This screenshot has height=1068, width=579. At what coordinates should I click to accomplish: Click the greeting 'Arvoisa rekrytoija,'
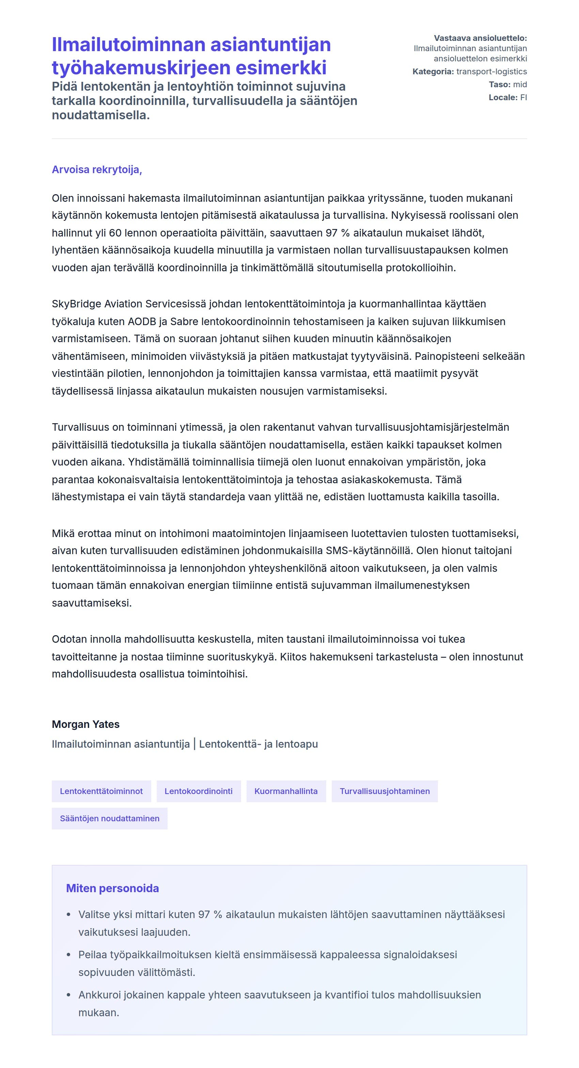(97, 170)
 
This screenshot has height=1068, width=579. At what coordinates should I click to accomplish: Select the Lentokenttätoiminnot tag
(101, 791)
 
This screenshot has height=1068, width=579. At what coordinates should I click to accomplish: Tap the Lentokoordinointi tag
(199, 791)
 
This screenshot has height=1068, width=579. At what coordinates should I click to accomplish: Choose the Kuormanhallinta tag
(286, 791)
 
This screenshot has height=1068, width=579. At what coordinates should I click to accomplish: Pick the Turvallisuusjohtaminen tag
(385, 791)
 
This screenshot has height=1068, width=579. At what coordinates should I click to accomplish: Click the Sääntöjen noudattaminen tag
(109, 819)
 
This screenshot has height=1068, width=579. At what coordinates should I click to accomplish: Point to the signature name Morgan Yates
(85, 724)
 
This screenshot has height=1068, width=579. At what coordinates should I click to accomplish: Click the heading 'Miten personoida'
(112, 888)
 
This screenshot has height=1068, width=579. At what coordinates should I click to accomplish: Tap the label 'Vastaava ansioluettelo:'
(480, 38)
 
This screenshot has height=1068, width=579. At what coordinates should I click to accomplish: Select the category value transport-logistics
(491, 71)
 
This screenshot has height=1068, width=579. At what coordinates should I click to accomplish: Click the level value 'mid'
(520, 85)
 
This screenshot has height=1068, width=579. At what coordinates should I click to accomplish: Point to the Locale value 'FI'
(523, 97)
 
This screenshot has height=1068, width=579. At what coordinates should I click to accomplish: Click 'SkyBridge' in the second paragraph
(76, 304)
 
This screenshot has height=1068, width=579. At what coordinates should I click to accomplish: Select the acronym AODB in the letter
(142, 321)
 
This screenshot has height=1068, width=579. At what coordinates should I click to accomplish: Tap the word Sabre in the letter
(185, 321)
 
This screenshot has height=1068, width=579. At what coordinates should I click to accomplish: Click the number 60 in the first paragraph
(115, 233)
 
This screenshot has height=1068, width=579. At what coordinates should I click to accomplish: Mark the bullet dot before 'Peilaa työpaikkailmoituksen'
(69, 955)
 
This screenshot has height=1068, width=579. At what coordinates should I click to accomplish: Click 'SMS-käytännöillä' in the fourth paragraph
(369, 551)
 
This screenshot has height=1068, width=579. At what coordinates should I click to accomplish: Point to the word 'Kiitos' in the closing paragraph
(294, 657)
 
